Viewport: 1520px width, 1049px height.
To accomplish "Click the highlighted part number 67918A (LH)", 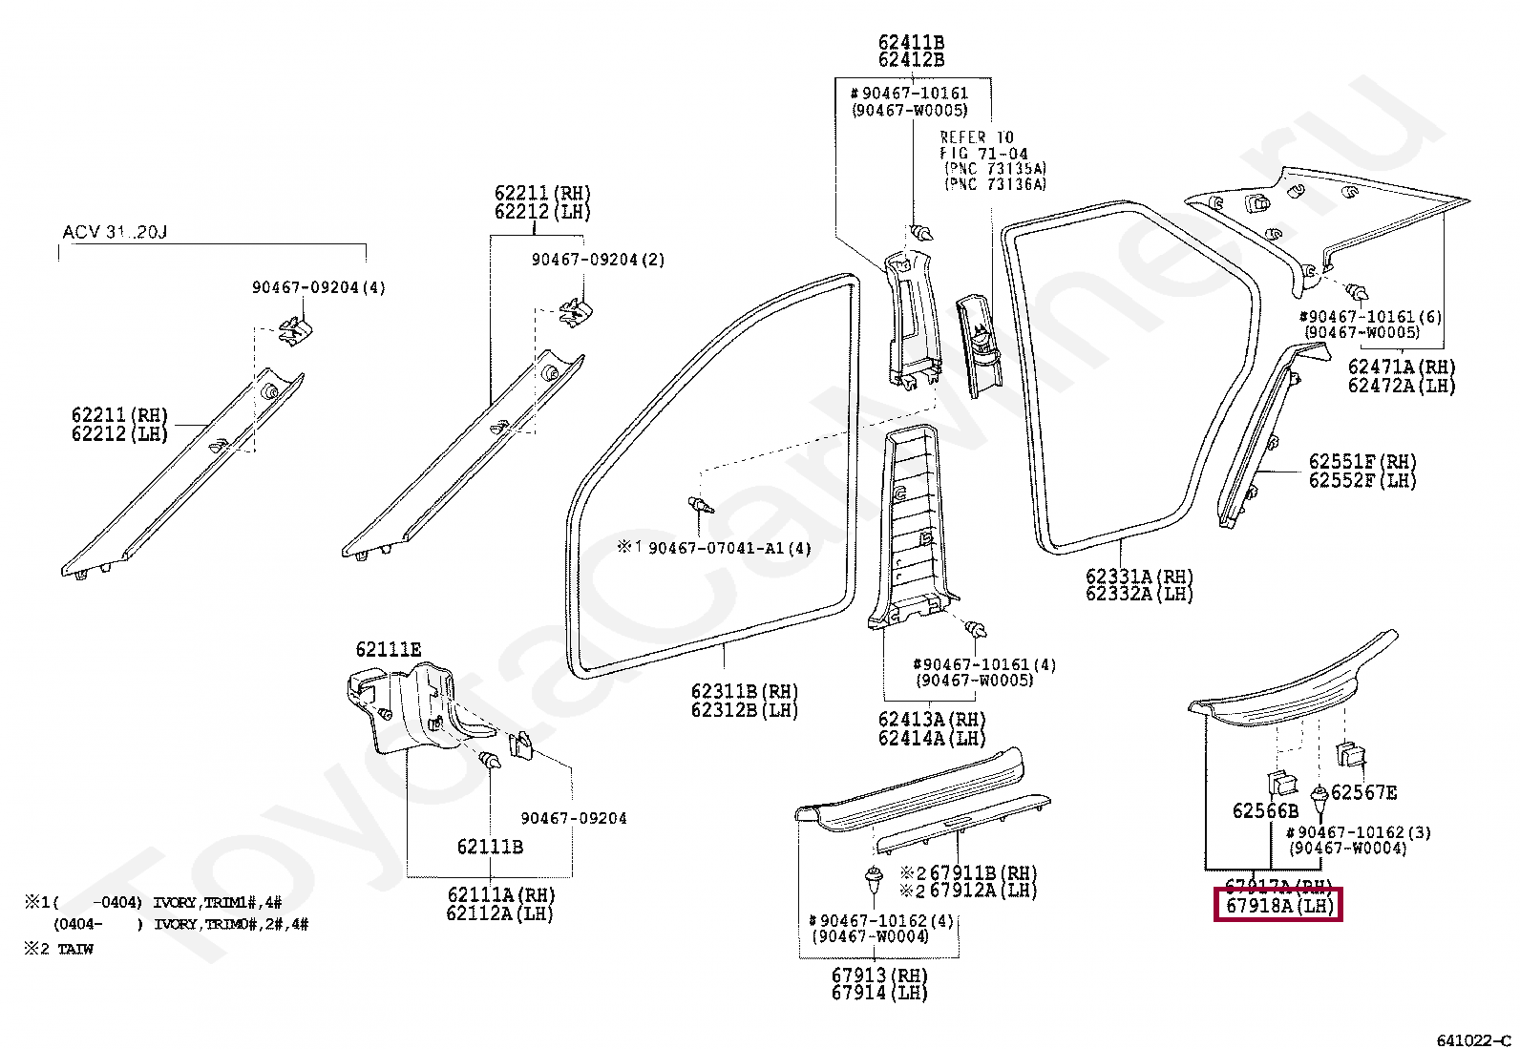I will point(1278,905).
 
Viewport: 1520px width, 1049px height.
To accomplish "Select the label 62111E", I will point(388,650).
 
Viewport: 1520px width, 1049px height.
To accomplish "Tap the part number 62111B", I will point(490,847).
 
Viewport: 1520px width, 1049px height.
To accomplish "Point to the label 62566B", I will point(1265,811).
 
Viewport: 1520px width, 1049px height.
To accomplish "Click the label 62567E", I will point(1363,792).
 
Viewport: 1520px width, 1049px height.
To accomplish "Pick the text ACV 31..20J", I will point(115,232).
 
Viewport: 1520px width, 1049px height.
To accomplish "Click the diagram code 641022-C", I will point(1473,1039).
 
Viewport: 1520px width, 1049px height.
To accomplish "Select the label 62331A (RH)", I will point(1139,577).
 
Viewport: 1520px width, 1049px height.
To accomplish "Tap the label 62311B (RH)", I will point(744,692).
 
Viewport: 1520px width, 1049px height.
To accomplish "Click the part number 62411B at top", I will point(911,43).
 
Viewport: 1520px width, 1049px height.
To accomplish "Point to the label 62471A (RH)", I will point(1401,367).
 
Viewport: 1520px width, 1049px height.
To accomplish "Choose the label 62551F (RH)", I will point(1362,462).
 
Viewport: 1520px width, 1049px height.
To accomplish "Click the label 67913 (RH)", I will point(878,976).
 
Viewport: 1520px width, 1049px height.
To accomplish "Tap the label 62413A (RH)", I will point(931,720).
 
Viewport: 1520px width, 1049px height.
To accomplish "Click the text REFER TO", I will point(977,137).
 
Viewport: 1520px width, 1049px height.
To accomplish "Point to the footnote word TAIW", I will point(75,949).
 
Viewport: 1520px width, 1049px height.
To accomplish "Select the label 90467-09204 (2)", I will point(598,260).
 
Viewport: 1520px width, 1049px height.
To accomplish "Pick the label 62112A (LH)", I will point(499,913).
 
